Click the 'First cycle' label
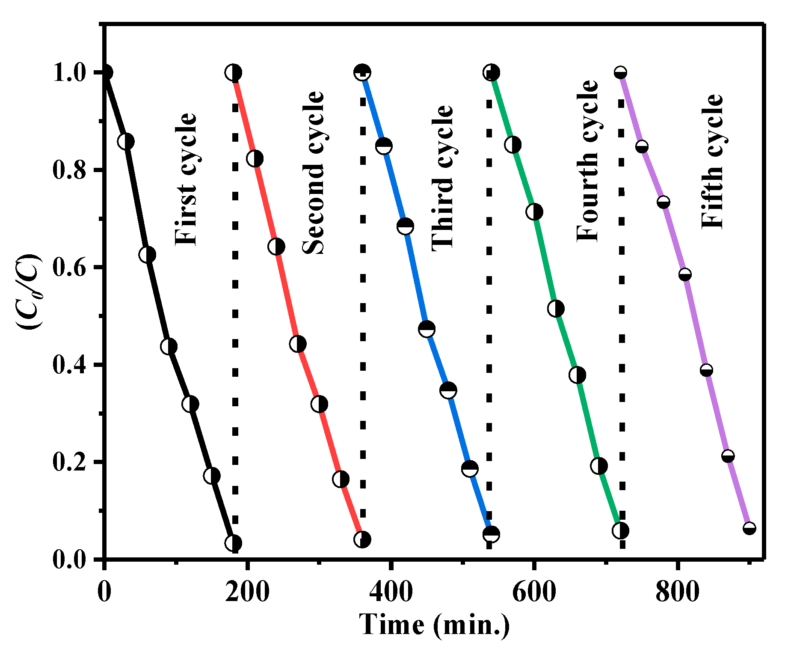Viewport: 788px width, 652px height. coord(186,179)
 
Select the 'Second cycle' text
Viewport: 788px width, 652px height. coord(314,173)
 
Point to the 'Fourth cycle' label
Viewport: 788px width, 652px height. coord(587,161)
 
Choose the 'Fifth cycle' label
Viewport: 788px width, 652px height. coord(712,161)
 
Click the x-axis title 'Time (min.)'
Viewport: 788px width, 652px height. coord(435,625)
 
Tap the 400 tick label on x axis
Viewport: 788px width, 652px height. coord(391,592)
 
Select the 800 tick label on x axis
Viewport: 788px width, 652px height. coord(678,592)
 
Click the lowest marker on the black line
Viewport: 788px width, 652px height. coord(233,543)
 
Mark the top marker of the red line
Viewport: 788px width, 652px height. coord(233,72)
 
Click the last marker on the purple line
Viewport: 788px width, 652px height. coord(749,528)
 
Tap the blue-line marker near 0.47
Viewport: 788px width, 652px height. coord(427,329)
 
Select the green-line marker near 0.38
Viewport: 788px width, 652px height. coord(578,375)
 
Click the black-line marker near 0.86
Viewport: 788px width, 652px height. coord(126,141)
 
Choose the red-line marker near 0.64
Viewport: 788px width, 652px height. coord(276,247)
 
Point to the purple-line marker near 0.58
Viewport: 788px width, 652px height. coord(685,274)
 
